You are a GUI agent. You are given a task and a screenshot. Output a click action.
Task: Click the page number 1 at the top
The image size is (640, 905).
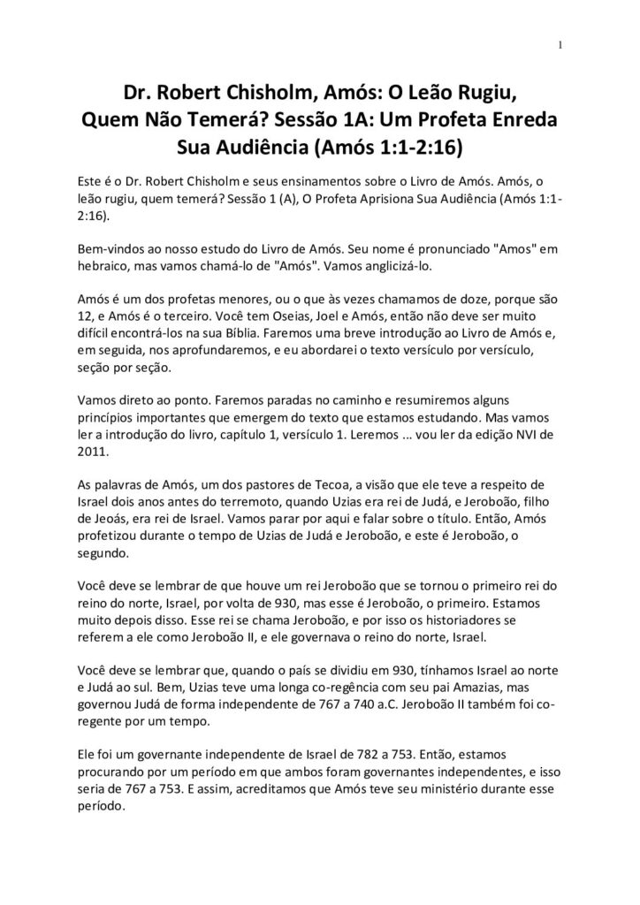pyautogui.click(x=561, y=47)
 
